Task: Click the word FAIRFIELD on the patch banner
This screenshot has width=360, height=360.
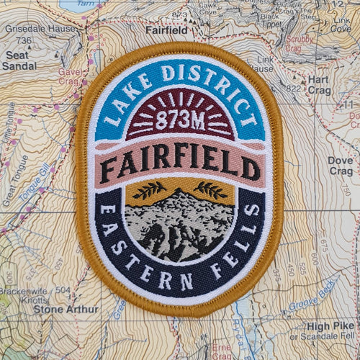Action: (180, 163)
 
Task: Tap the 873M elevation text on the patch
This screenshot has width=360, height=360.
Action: (180, 120)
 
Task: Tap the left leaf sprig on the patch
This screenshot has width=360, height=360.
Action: (148, 190)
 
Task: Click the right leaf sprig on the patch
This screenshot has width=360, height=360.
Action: (212, 190)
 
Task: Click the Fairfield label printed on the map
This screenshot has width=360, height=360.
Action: (166, 31)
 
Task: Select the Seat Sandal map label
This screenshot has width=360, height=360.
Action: (19, 60)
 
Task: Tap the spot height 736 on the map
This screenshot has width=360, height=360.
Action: (25, 40)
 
